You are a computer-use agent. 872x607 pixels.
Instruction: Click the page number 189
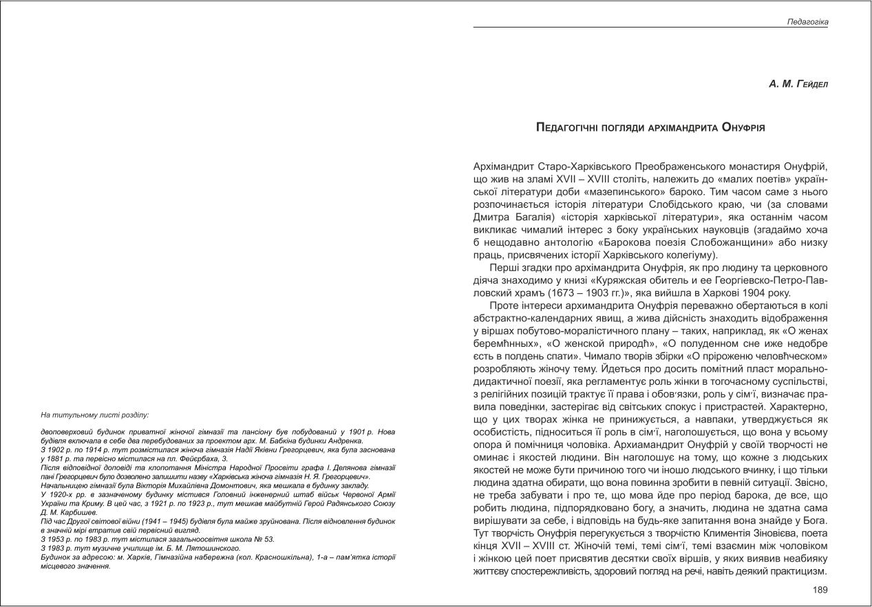[x=820, y=590]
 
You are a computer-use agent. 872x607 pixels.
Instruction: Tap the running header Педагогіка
[x=808, y=22]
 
